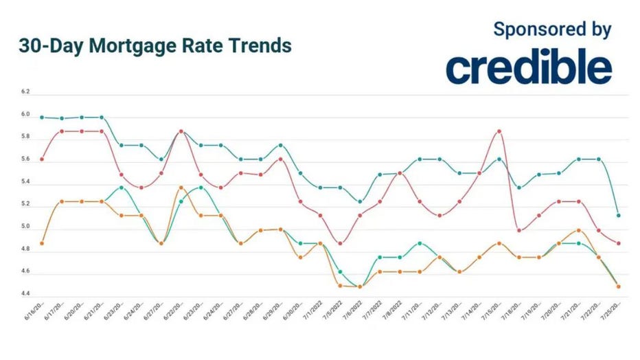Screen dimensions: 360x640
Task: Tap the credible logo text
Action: click(528, 68)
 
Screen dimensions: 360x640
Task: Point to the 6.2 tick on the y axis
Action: click(25, 91)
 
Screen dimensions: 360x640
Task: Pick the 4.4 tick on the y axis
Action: click(25, 294)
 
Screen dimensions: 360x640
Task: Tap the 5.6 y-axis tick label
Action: click(25, 159)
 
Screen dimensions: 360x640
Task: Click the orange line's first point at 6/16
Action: click(42, 243)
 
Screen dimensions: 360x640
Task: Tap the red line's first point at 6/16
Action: click(42, 159)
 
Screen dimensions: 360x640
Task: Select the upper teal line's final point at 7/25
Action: click(619, 215)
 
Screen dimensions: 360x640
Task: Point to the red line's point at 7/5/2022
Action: click(340, 243)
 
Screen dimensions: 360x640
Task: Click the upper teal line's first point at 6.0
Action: click(42, 117)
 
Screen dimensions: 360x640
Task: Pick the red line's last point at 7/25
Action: click(619, 243)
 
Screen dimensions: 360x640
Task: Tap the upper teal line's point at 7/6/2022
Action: click(360, 201)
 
